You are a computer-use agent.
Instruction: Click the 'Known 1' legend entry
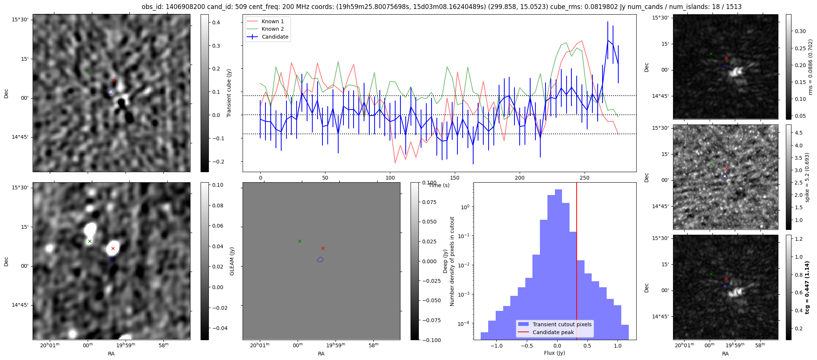[272, 21]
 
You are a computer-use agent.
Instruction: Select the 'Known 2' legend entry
[272, 29]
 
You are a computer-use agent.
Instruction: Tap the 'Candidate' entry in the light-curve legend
[275, 37]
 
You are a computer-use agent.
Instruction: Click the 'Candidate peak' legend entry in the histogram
[553, 332]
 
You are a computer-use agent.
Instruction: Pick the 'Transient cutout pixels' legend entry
[562, 324]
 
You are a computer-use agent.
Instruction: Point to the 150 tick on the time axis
[455, 178]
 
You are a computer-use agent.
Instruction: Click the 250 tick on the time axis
[585, 178]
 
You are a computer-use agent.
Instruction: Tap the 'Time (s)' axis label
[439, 185]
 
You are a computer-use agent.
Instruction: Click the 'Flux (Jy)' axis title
[555, 353]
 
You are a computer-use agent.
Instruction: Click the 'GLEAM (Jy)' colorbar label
[232, 261]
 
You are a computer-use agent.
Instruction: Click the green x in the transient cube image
[90, 73]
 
